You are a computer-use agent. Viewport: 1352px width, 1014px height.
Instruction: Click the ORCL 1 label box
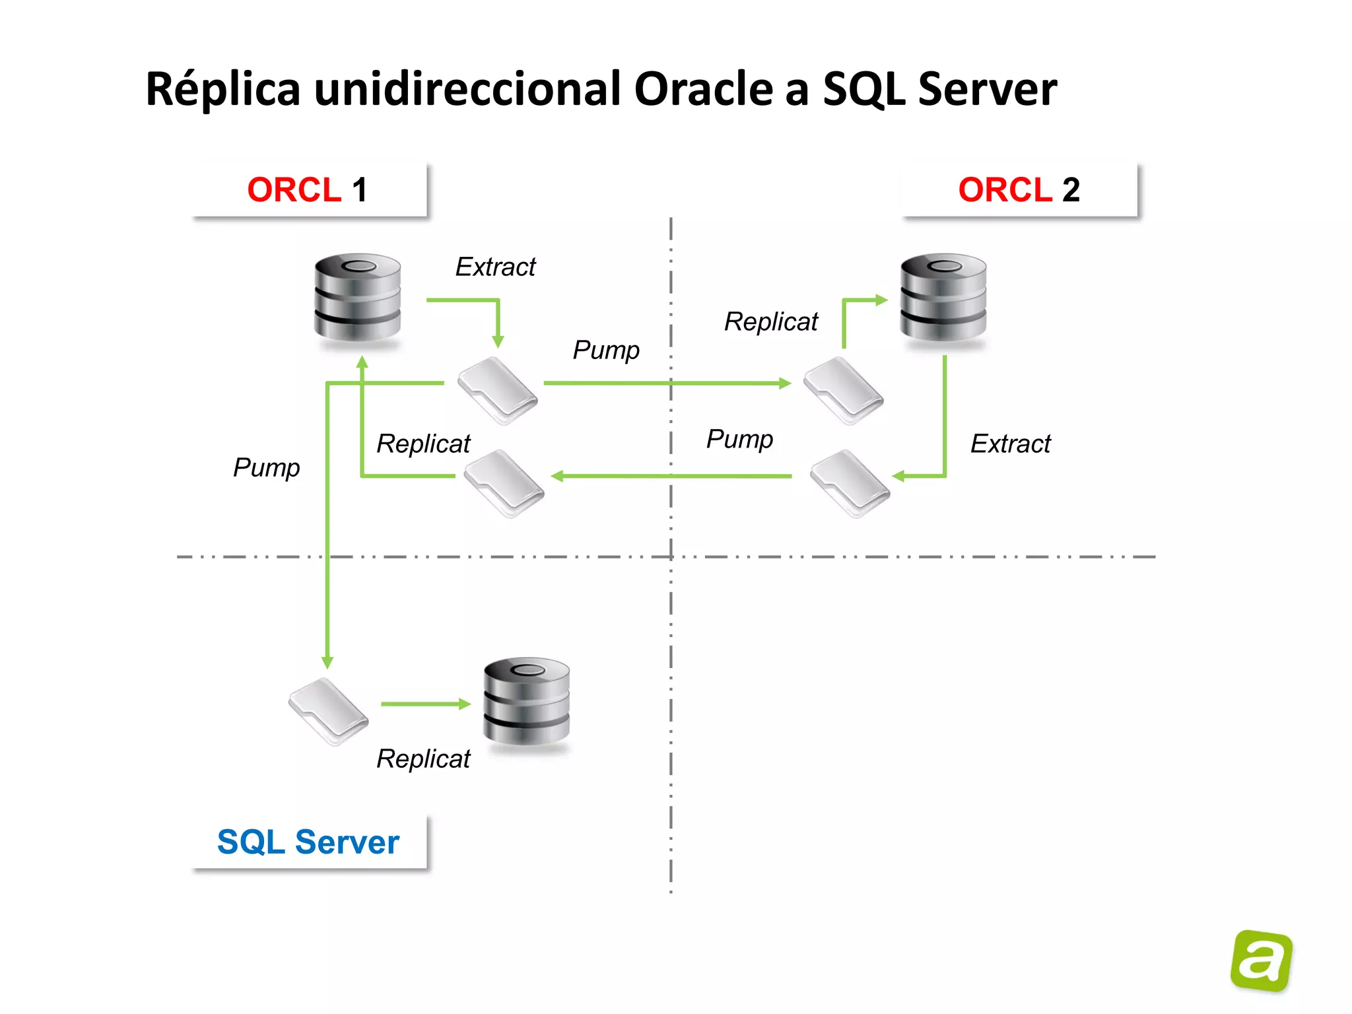pos(309,190)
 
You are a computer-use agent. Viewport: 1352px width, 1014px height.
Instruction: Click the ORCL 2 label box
pos(1019,190)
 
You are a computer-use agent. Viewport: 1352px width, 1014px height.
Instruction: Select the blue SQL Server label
pos(308,842)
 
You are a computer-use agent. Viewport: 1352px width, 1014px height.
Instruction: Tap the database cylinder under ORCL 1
pos(357,297)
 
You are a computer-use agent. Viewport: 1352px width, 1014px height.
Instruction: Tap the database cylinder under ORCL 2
pos(943,297)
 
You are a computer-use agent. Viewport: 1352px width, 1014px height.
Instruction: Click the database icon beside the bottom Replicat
pos(526,701)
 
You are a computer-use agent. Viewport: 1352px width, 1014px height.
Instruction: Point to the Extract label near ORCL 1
pos(495,267)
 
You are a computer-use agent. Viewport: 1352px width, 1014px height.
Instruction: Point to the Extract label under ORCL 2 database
pos(1010,444)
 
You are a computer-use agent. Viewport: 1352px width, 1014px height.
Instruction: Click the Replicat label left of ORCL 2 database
pos(770,322)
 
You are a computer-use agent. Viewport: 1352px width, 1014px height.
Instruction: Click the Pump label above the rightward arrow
pos(606,350)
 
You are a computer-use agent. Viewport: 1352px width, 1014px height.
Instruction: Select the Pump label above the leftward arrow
pos(739,439)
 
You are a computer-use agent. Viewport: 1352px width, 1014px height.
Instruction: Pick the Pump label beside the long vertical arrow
pos(266,467)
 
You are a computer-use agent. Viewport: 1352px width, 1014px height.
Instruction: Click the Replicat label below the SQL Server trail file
pos(423,759)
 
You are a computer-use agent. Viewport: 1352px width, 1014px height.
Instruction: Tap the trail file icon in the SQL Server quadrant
pos(328,712)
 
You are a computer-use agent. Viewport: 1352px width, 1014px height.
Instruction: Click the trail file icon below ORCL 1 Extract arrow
pos(498,391)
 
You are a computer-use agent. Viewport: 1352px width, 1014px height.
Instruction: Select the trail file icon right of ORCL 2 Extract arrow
pos(850,484)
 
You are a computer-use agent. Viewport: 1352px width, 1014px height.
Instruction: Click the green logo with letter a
pos(1261,961)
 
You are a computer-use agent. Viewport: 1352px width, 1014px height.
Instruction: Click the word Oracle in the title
pos(704,89)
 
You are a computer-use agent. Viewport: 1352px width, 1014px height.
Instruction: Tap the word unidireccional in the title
pos(467,89)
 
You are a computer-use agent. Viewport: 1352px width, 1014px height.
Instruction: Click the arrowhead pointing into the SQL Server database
pos(465,704)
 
